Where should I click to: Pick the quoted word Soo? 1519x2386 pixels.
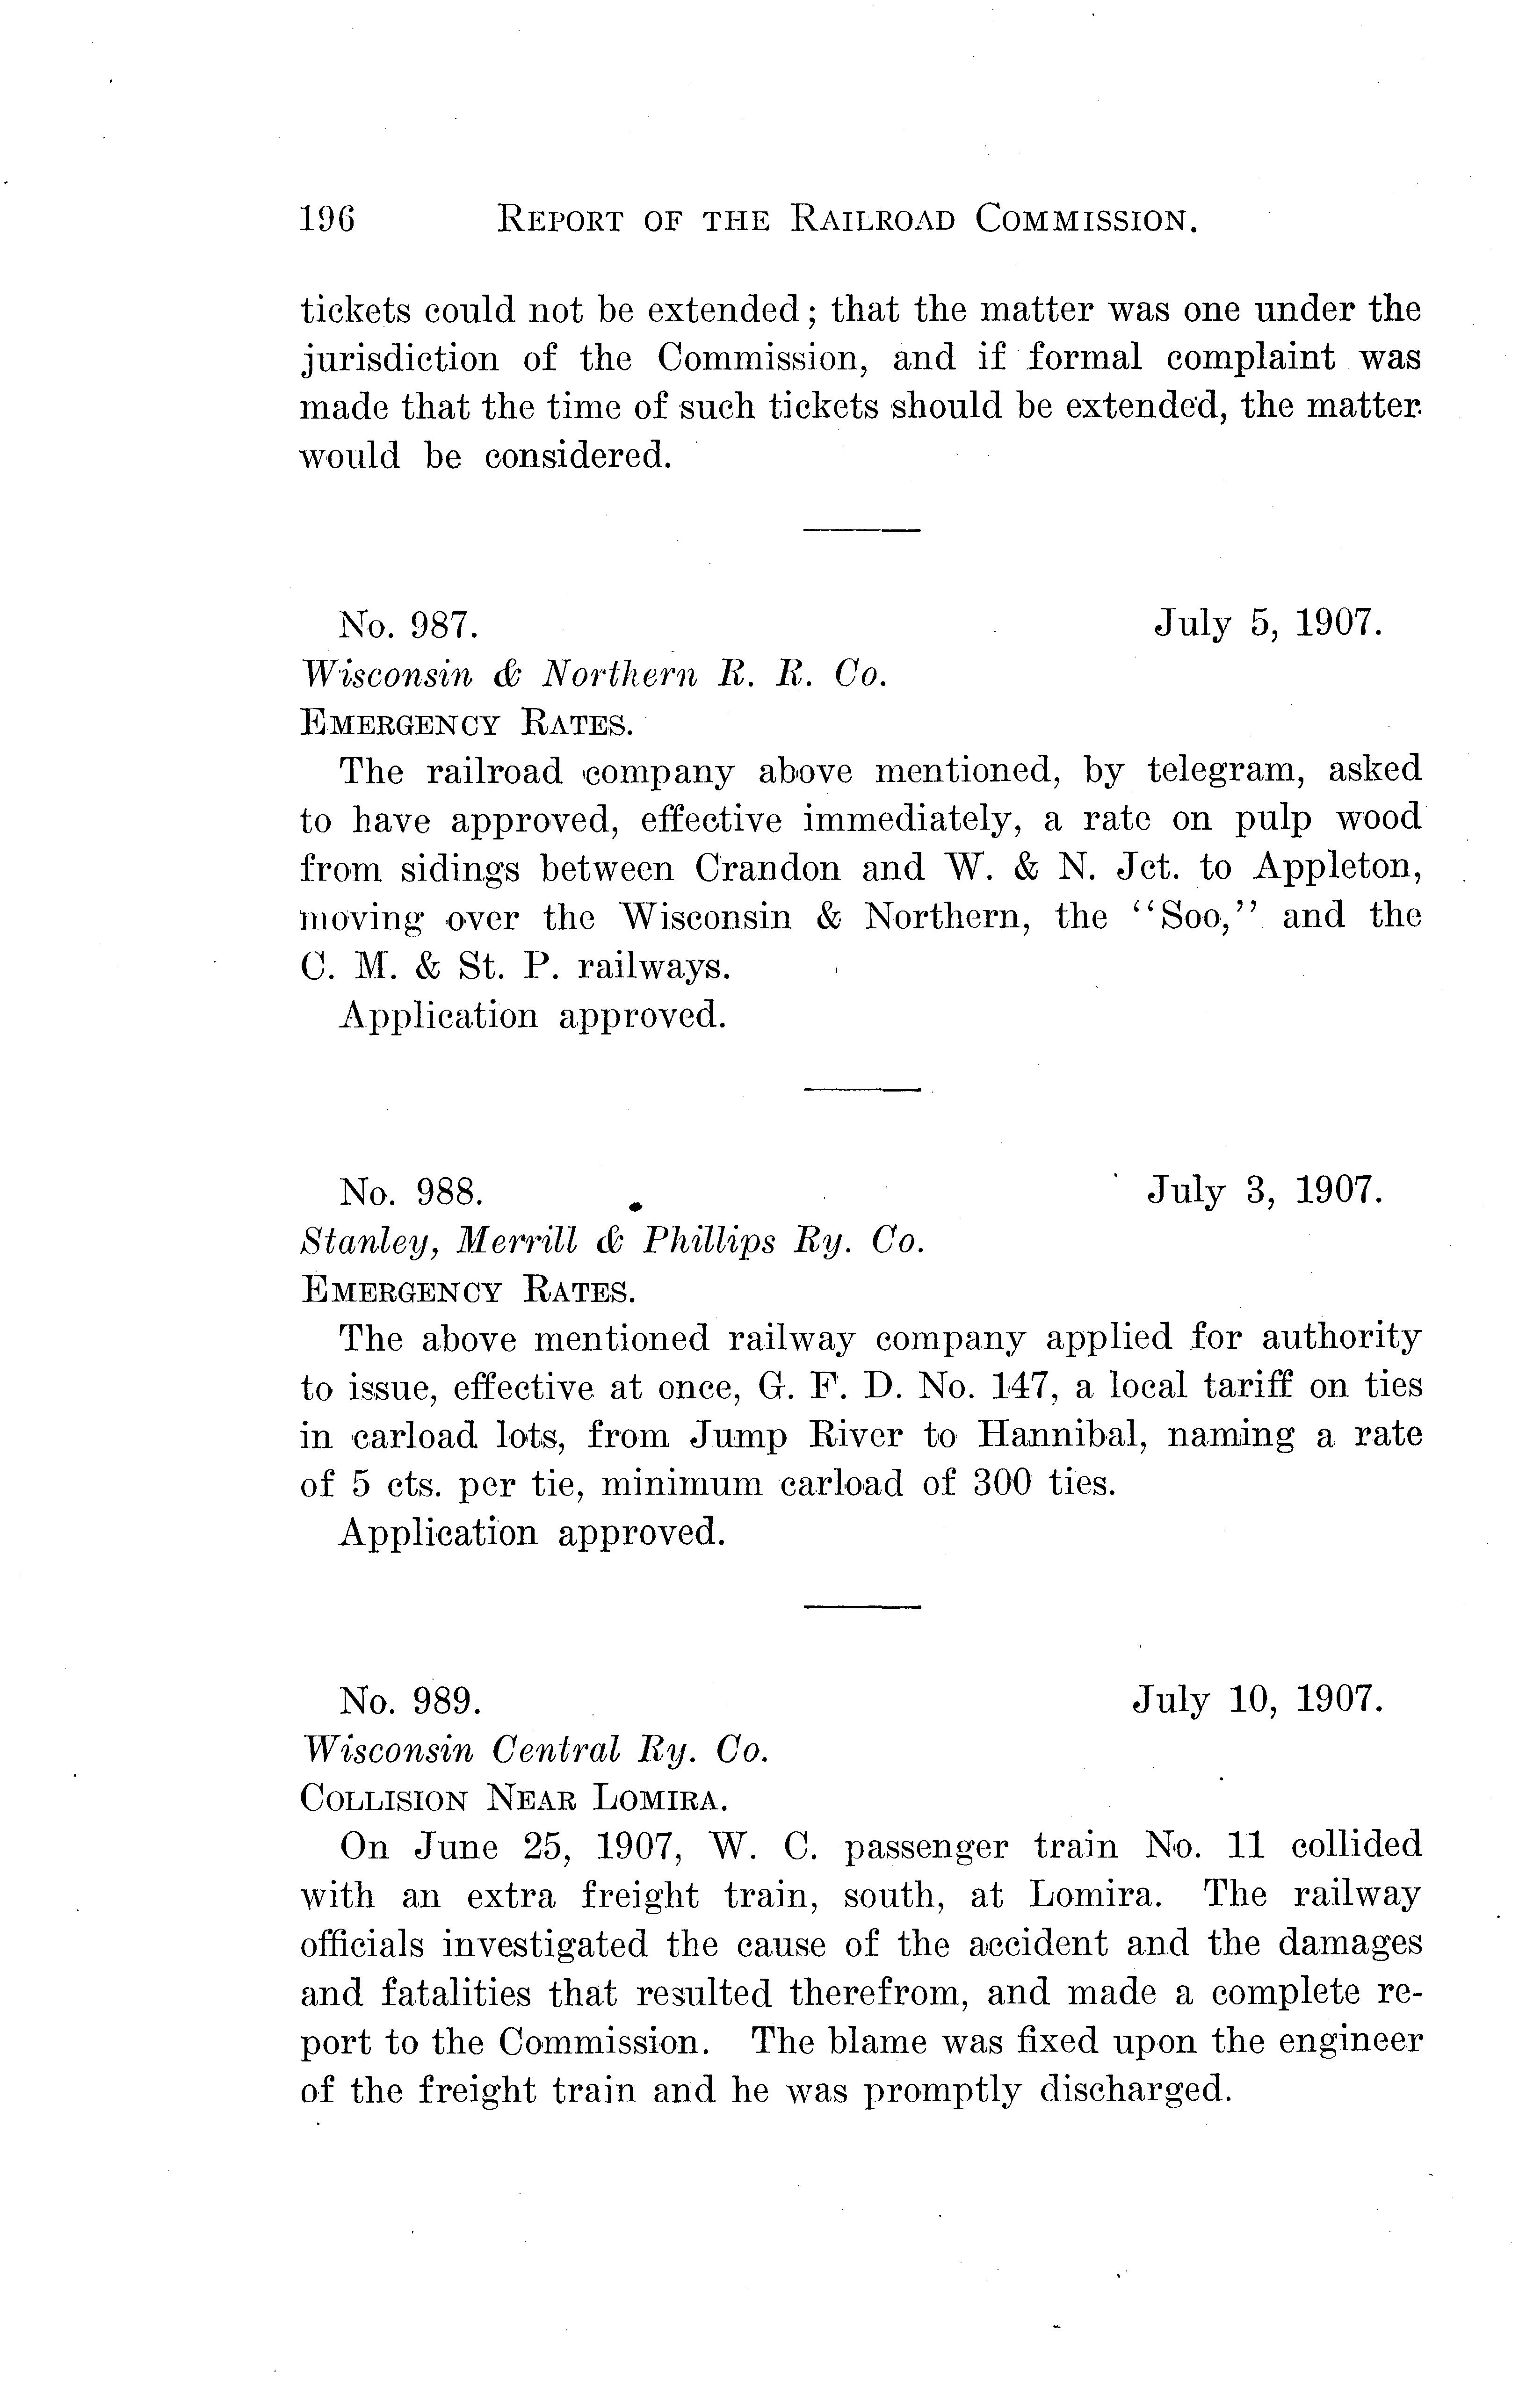(x=1202, y=917)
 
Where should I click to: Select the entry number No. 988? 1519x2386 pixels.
(x=410, y=1192)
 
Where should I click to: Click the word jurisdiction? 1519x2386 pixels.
(x=399, y=359)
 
